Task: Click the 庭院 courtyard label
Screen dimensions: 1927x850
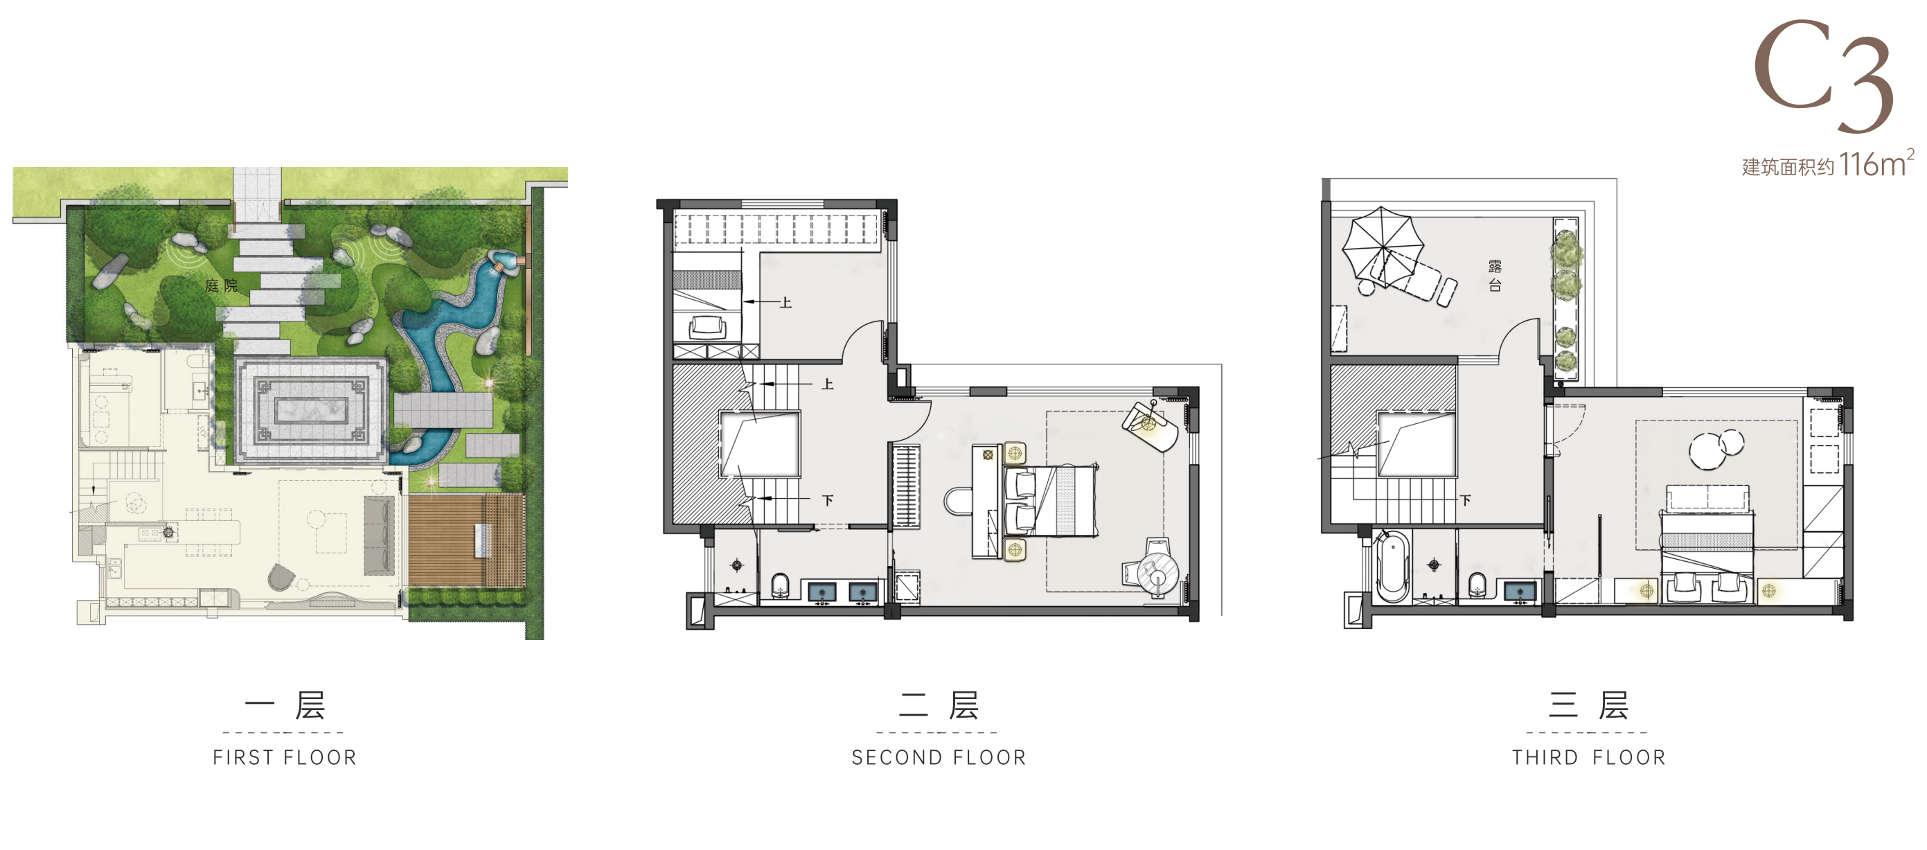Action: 222,285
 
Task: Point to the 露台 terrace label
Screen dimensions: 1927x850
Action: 1495,274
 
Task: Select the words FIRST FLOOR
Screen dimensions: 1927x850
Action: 285,757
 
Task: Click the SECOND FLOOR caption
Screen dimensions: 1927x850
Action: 939,757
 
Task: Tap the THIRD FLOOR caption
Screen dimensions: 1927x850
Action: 1589,757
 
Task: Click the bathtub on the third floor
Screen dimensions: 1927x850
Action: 1392,567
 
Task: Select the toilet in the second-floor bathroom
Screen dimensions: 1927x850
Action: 780,585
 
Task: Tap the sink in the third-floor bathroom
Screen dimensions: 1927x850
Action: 1519,592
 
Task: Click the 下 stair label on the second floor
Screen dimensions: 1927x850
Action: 827,500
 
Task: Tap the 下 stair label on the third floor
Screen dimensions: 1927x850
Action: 1466,500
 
